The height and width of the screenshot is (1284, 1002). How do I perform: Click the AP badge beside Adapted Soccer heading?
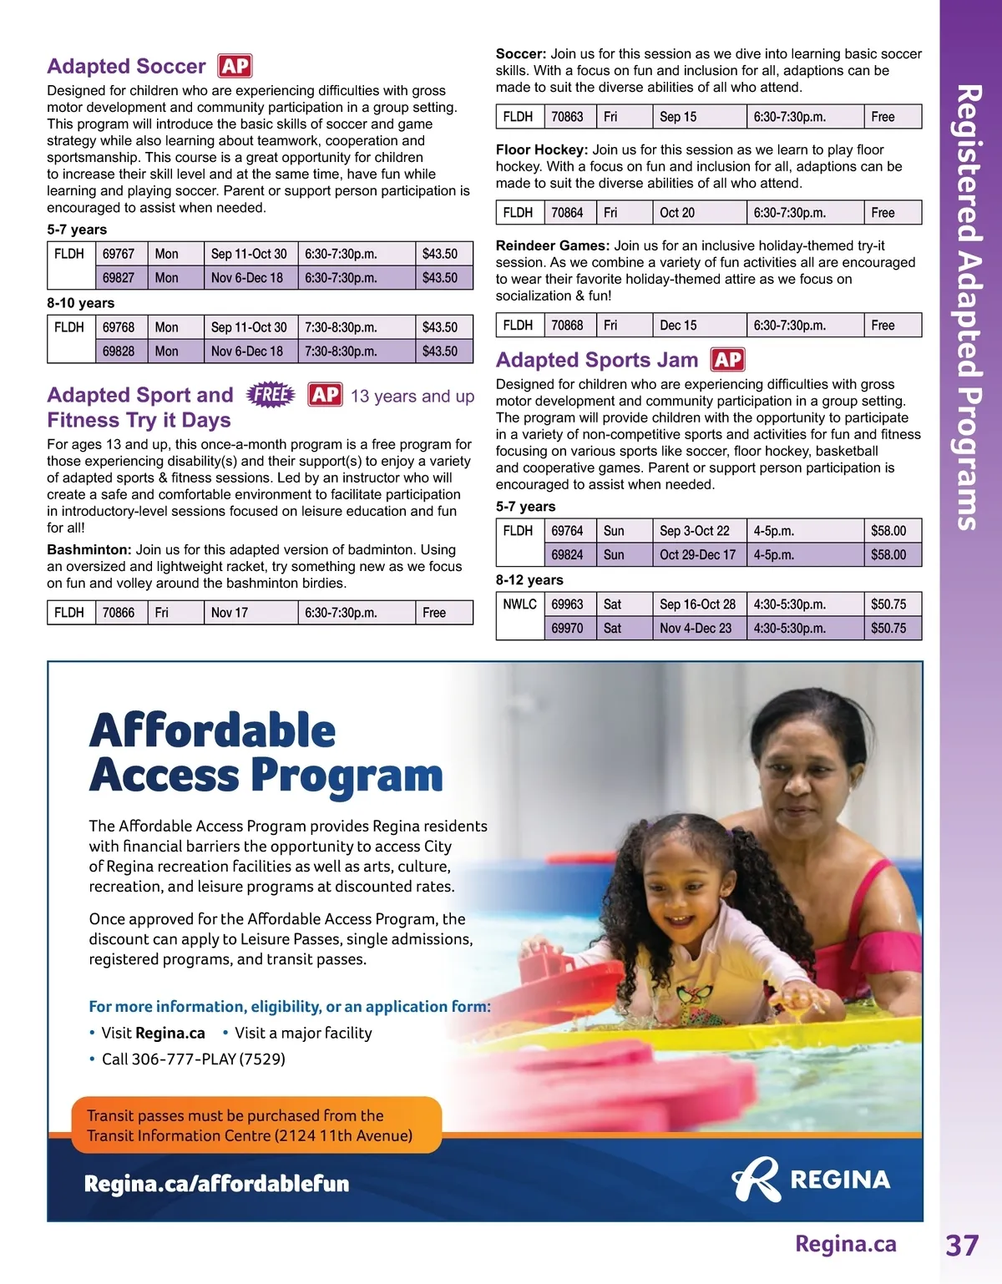coord(235,66)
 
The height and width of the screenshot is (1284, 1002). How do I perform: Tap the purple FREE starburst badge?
coord(271,394)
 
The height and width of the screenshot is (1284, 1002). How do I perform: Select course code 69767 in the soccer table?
coord(119,254)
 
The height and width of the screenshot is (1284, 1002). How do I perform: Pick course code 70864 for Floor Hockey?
coord(567,213)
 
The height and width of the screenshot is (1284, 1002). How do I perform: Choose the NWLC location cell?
coord(519,604)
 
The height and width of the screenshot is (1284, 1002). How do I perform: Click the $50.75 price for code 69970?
coord(888,629)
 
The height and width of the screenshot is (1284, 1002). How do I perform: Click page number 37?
coord(961,1246)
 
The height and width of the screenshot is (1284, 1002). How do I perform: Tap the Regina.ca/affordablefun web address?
coord(216,1184)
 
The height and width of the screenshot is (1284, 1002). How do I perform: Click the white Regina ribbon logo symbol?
coord(757,1179)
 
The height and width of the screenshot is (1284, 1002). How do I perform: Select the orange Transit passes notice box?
coord(256,1125)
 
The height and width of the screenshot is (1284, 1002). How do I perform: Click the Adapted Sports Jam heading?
coord(597,360)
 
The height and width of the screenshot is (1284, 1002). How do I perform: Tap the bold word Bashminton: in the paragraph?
coord(89,550)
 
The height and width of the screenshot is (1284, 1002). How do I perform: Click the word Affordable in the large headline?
coord(212,730)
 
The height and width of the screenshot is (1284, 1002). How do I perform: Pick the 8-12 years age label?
coord(529,580)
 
